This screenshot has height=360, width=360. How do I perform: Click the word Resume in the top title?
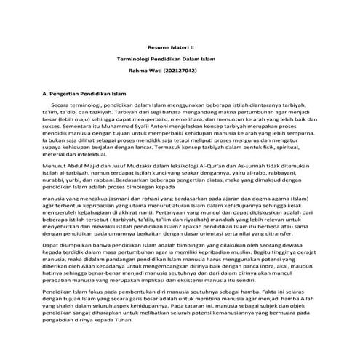coord(158,44)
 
